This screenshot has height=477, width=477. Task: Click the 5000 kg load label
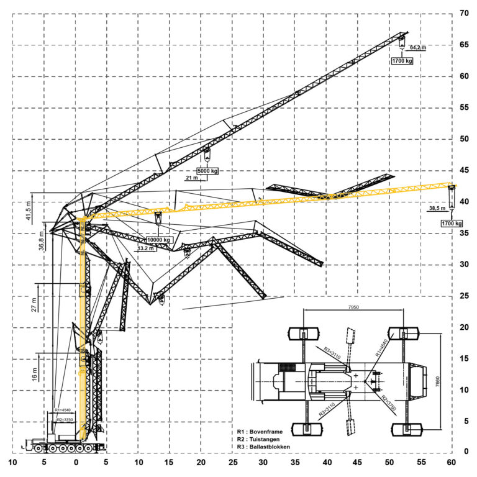(207, 170)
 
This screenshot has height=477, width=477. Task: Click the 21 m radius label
(192, 178)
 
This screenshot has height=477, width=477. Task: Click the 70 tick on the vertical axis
(463, 13)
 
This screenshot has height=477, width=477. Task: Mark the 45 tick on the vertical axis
(463, 170)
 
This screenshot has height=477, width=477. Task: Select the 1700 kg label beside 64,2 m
(402, 61)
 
